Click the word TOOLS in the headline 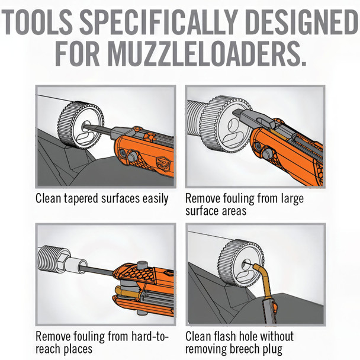(x=39, y=24)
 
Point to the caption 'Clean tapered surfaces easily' (x=102, y=198)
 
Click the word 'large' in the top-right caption (x=290, y=198)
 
